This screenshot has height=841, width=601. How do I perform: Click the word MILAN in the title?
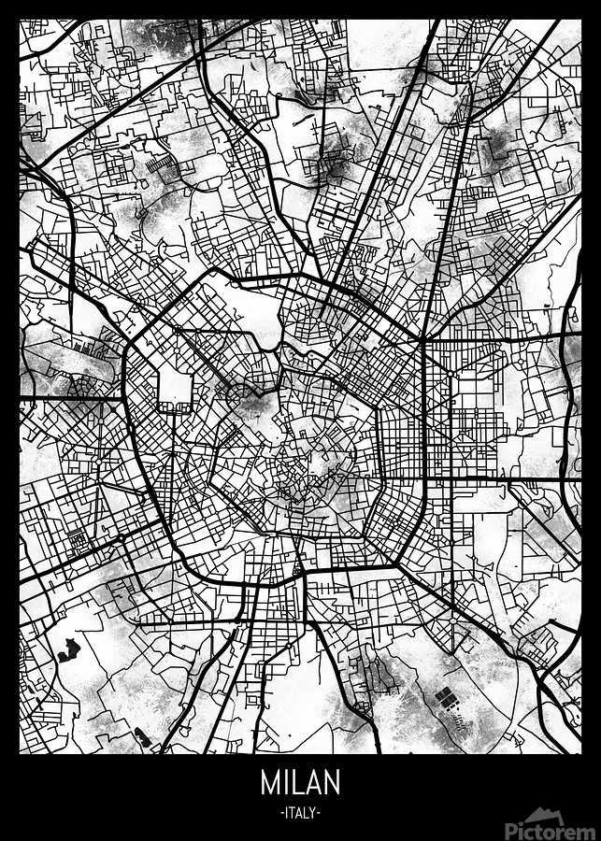coord(300,782)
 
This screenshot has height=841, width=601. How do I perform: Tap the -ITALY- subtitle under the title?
coord(300,813)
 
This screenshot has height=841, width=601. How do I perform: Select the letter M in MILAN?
coord(269,782)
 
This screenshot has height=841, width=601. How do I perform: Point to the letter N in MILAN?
coord(332,782)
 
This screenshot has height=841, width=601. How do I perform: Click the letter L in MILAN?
coord(294,782)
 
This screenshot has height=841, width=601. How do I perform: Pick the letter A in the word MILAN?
coord(312,782)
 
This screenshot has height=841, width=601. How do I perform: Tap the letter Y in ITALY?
coord(314,813)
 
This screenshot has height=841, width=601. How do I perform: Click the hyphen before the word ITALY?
coord(281,813)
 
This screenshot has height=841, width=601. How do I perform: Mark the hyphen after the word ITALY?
coord(320,813)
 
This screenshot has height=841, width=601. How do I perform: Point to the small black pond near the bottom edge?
coord(142,739)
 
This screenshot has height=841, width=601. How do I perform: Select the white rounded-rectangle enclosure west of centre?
coord(174,388)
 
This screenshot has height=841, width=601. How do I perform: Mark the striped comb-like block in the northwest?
coord(163,167)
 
